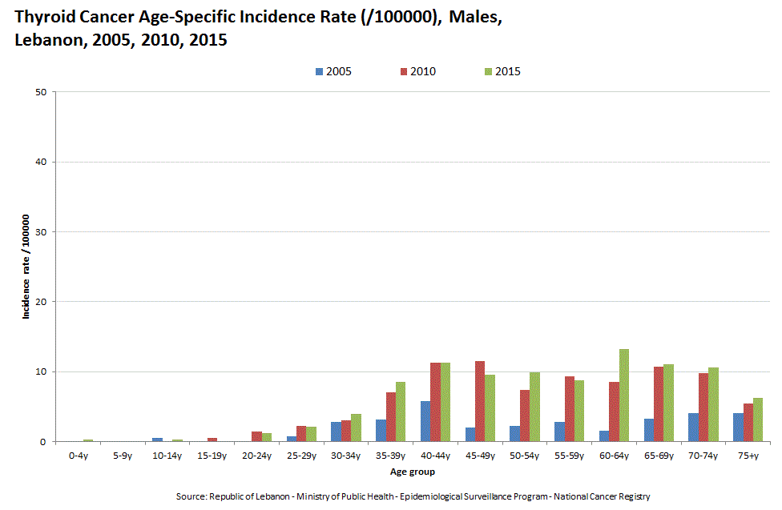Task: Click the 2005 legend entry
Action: coord(333,71)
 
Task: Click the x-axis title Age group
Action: coord(412,472)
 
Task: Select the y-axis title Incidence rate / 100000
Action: coord(26,267)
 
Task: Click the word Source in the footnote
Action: coord(191,497)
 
